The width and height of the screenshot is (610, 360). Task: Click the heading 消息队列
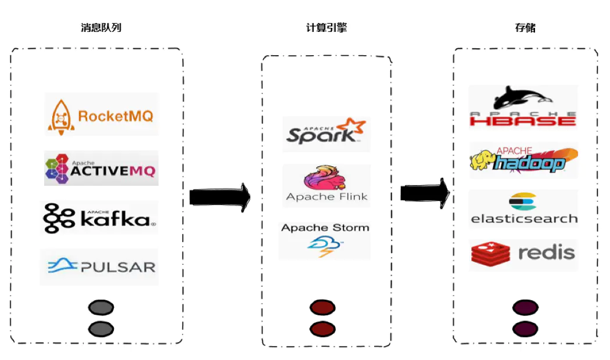coord(101,28)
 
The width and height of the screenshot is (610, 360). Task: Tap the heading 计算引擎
coord(326,28)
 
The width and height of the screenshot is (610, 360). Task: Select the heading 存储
coord(525,28)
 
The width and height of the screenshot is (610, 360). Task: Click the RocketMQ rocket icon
coord(61,117)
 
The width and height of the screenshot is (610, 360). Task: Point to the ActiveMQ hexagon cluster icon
coord(57,169)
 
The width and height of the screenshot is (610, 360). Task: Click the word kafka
coord(115,218)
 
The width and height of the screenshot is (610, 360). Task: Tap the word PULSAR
coord(119,267)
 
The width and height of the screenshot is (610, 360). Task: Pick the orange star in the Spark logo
coord(351,127)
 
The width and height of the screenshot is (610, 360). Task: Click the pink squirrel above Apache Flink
coord(325,178)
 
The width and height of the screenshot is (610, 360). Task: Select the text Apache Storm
coord(325,228)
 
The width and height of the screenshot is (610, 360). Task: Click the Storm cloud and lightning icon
coord(324,246)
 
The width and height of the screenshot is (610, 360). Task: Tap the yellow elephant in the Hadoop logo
coord(482,160)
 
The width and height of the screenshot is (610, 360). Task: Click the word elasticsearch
coord(524,218)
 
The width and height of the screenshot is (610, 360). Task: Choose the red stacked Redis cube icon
coord(490,253)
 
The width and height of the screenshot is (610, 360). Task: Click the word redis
coord(547,253)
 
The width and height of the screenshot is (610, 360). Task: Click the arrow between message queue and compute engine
coord(220,197)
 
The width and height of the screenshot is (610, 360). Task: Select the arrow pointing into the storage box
coord(425,193)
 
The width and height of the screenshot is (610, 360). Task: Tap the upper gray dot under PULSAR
coord(101,308)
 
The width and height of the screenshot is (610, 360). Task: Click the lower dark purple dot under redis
coord(525,329)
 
